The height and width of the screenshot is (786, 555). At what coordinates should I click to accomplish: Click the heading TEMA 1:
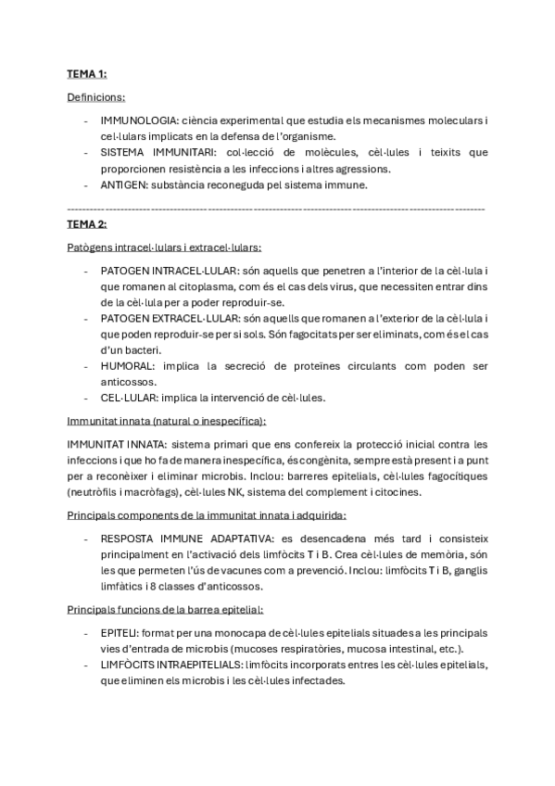click(x=87, y=73)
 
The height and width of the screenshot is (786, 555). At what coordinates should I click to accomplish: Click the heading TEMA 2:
click(x=87, y=224)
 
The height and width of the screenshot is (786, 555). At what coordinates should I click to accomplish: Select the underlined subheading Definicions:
click(x=96, y=96)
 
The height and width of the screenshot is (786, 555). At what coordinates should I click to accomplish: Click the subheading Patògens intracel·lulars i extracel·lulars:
click(x=164, y=247)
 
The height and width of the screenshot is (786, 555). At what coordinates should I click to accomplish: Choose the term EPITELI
click(x=120, y=632)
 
